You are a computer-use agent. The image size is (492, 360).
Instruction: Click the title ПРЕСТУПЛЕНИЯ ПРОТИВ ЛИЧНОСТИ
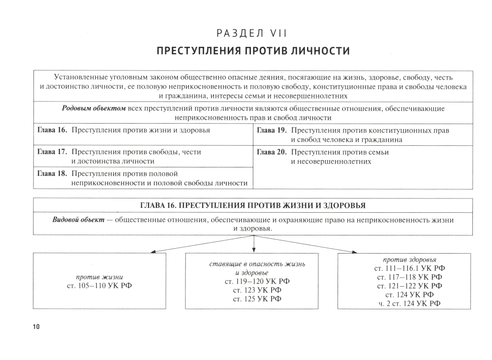[x=253, y=51]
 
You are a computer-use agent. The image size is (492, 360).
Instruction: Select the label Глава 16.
[x=52, y=131]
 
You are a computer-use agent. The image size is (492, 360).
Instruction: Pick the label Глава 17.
[x=52, y=152]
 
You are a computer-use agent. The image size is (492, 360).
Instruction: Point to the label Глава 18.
[x=52, y=174]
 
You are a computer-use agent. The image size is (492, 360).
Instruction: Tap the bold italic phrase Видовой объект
[x=78, y=220]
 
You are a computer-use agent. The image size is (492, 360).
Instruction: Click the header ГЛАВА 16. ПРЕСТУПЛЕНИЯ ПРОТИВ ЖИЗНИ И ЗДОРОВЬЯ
[x=253, y=205]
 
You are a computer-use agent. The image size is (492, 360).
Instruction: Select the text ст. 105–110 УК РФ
[x=99, y=286]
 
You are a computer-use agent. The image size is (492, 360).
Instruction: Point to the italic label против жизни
[x=99, y=277]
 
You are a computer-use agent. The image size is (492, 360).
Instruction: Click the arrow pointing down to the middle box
[x=253, y=244]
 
